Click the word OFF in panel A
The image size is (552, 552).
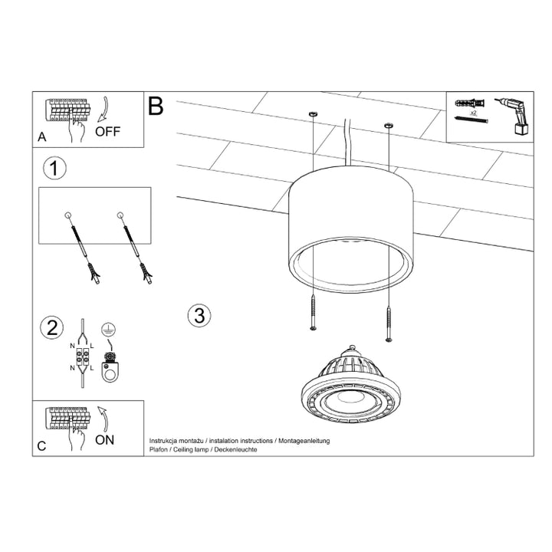107,131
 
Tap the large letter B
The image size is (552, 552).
156,106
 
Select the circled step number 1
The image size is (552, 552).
53,168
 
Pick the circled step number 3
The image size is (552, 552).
199,314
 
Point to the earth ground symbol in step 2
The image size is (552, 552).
109,327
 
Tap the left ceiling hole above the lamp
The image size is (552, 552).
311,115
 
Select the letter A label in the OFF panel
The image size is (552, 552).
41,138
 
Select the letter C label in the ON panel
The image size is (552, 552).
41,446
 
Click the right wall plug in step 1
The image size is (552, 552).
133,245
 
